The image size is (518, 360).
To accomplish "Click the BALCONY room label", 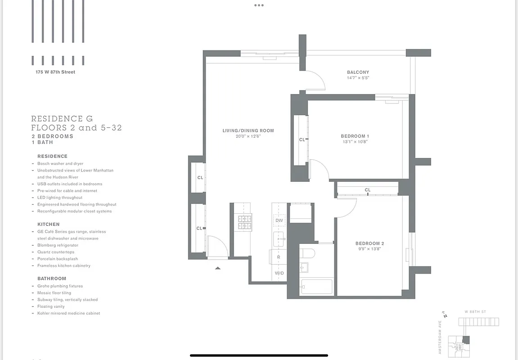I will [x=358, y=72].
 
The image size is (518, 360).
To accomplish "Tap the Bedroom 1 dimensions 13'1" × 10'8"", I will [x=355, y=142].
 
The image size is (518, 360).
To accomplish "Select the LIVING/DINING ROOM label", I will [x=248, y=130].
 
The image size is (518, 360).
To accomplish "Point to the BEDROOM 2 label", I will [x=369, y=243].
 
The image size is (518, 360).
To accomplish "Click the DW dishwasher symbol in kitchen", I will [x=279, y=220].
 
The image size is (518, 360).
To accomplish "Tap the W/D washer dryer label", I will [x=279, y=273].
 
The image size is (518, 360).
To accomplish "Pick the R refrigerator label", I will [x=279, y=257].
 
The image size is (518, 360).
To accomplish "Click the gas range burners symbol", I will [x=245, y=223].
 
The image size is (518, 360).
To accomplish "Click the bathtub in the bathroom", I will [x=316, y=287].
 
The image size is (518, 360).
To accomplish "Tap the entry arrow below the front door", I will [x=218, y=268].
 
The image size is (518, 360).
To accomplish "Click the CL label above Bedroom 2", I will [x=368, y=190].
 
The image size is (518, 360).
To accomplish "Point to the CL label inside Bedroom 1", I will [x=302, y=139].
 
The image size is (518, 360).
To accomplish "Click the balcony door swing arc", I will [x=318, y=81].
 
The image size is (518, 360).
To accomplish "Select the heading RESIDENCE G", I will [x=62, y=119].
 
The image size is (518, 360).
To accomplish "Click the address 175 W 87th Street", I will [x=55, y=72].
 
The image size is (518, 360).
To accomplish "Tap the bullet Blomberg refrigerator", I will [x=58, y=245].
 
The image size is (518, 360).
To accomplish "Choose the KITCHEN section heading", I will [x=49, y=224].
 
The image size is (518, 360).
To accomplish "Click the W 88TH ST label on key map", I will [x=475, y=311].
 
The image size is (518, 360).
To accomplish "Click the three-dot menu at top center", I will [x=259, y=5].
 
